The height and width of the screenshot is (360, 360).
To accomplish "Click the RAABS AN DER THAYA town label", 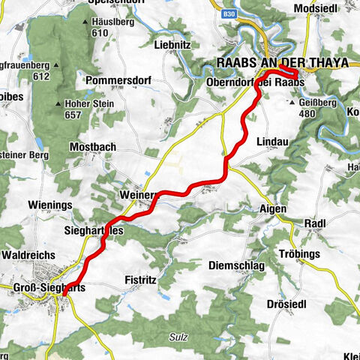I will [282, 63].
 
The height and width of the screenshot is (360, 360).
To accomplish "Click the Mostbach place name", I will [92, 147].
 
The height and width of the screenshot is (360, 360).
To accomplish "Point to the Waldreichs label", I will [29, 255].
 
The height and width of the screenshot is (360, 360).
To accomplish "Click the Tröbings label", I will [299, 254].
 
